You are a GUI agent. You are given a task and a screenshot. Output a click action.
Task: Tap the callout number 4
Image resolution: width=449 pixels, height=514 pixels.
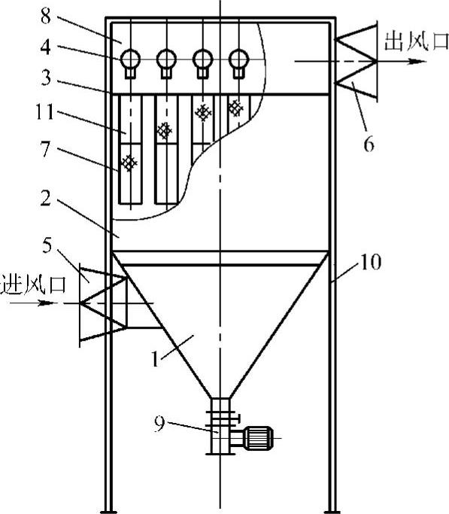(46, 47)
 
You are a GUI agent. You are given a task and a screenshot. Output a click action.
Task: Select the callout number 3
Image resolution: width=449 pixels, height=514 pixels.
(46, 78)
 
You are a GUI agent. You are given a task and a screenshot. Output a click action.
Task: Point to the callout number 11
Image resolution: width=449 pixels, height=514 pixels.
(44, 112)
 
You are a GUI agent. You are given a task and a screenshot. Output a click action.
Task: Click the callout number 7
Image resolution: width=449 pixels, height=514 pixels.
(46, 149)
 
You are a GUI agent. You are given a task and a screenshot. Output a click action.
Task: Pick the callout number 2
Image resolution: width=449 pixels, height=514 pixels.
(46, 199)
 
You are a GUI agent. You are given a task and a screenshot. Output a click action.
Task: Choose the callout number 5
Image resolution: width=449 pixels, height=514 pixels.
(47, 245)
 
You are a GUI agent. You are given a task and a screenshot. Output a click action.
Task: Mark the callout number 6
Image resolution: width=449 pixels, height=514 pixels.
(369, 144)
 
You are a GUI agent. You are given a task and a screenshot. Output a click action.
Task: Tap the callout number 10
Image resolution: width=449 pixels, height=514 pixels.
(371, 262)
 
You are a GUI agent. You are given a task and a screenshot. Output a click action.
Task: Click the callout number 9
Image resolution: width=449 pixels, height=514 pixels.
(159, 424)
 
